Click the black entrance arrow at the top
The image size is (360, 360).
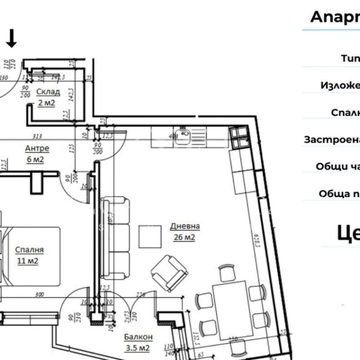(12, 39)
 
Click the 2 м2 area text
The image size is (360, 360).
(46, 103)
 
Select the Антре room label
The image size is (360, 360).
(37, 149)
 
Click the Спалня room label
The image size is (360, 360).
(30, 250)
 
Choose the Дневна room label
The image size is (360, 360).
(185, 226)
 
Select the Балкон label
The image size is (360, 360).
(138, 337)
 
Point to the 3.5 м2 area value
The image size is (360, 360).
(137, 348)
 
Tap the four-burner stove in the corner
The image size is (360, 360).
(240, 138)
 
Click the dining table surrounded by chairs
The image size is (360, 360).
(230, 309)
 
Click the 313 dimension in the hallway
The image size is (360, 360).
(37, 136)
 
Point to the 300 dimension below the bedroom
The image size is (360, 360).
(39, 294)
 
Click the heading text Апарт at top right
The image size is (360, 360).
(335, 17)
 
